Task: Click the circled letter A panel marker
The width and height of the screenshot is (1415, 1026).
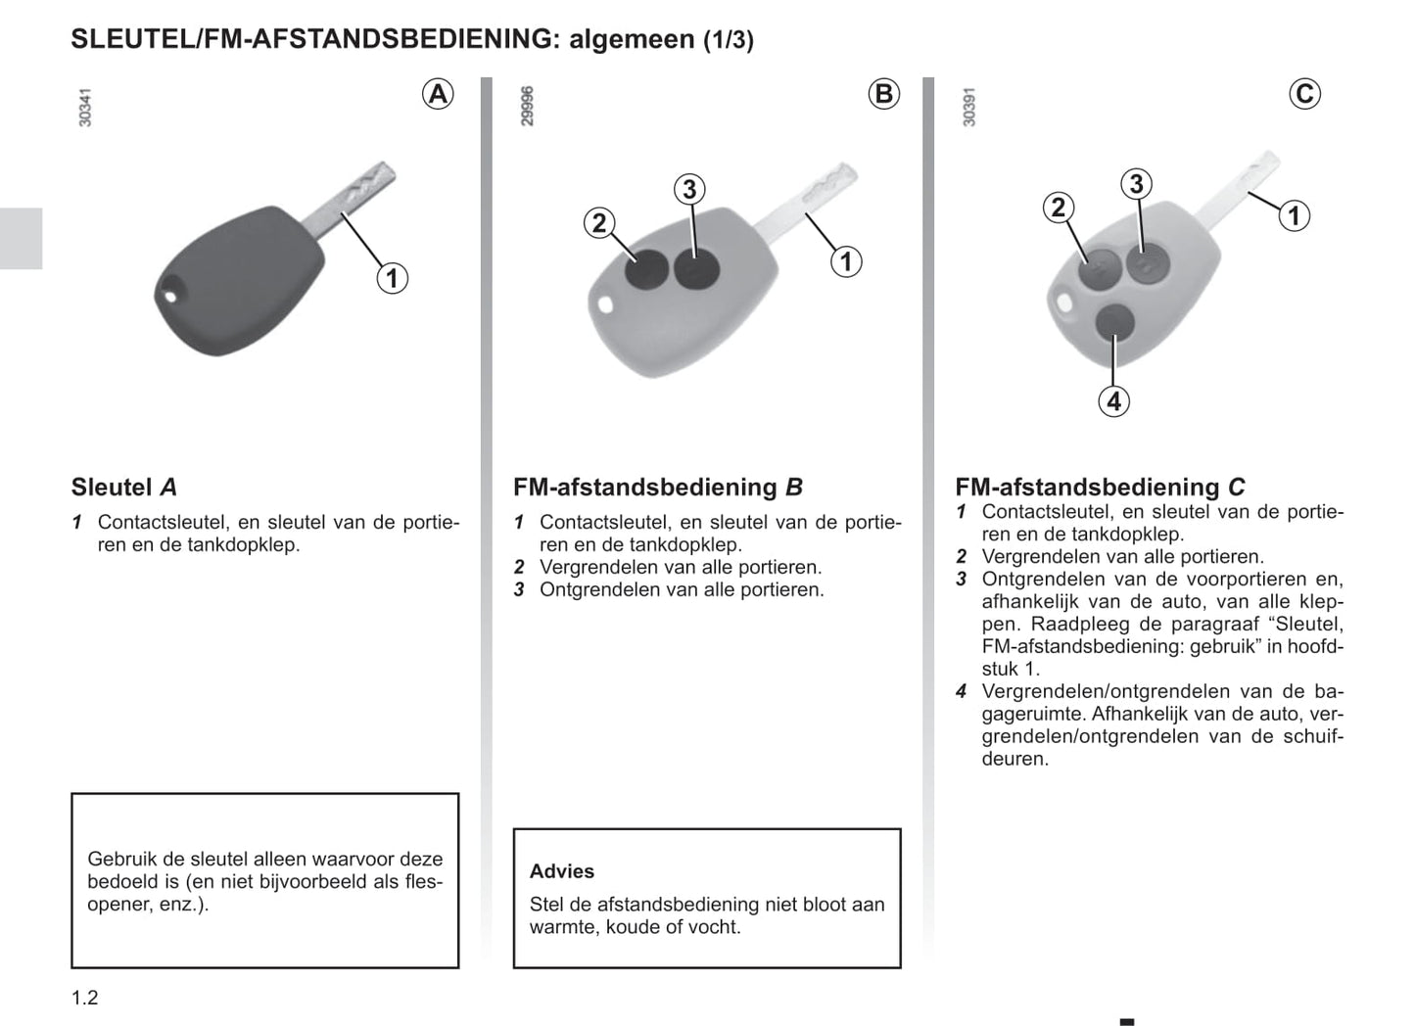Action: pos(438,94)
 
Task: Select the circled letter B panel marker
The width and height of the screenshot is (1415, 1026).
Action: pos(883,94)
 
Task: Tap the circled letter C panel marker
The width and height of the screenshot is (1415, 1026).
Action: pos(1304,94)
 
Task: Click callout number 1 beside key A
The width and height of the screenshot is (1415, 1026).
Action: pos(392,278)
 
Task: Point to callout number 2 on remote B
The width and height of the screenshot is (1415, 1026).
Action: pos(599,223)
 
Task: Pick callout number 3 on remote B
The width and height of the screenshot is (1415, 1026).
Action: pos(689,189)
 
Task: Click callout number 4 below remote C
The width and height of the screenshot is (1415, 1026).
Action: pos(1113,400)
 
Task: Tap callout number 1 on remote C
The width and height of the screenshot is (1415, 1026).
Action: pos(1294,215)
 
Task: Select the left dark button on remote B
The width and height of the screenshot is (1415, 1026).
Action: pos(647,270)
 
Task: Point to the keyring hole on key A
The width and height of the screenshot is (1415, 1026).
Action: pos(173,292)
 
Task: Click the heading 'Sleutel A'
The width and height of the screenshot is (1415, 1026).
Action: pos(123,487)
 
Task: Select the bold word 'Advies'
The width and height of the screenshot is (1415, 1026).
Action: pos(562,871)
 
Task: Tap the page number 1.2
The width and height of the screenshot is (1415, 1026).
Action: pos(85,998)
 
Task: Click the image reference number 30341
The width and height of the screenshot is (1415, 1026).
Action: pos(85,107)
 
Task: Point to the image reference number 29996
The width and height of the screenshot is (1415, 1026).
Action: pos(528,106)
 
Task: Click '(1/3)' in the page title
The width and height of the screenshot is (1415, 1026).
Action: pos(728,40)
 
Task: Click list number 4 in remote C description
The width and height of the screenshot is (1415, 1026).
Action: pos(962,691)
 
